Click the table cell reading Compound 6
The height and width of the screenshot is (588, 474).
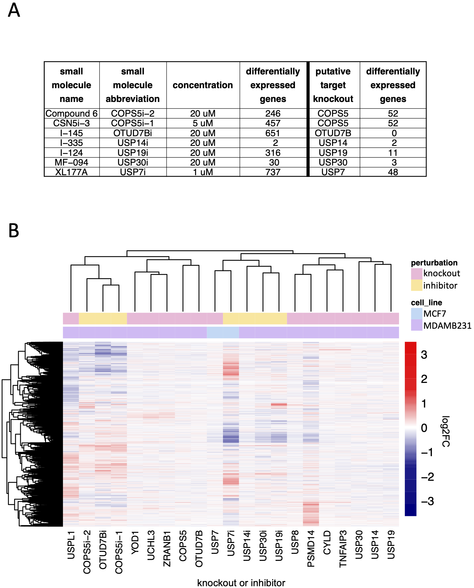point(71,113)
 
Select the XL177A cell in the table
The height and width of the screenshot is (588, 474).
point(71,172)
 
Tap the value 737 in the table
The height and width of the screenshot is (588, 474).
point(273,172)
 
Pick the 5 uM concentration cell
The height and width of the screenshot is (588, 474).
point(203,123)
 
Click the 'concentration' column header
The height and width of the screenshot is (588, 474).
point(203,85)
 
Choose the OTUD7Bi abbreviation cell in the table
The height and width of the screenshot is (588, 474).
point(133,133)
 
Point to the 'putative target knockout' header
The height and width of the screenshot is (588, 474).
point(333,85)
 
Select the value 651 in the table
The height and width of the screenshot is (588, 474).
point(273,133)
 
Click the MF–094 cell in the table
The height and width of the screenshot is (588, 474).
point(71,162)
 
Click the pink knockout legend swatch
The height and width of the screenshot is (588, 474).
point(417,273)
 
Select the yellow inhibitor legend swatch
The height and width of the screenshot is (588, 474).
point(417,285)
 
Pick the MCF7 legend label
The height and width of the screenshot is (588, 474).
point(435,314)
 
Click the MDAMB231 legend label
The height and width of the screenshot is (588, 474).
point(447,325)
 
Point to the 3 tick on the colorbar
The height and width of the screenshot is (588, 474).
point(424,355)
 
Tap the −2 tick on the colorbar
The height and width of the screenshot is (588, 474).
point(428,477)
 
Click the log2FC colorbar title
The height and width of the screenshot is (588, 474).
point(446,431)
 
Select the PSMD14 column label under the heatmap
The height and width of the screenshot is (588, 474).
point(311,549)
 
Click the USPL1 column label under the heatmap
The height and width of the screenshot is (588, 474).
point(71,545)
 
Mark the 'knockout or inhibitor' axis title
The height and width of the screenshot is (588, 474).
point(241,583)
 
